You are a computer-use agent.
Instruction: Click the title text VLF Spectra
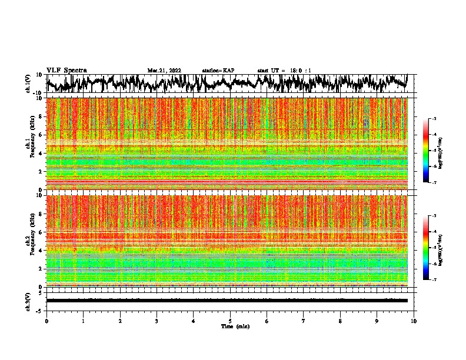click(x=66, y=70)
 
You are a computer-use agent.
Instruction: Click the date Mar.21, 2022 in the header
click(x=164, y=71)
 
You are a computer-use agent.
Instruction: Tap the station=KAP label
click(x=218, y=71)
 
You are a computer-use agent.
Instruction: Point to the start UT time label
click(x=284, y=71)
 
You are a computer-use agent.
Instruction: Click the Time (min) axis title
click(x=235, y=326)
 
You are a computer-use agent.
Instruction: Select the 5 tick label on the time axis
click(x=230, y=321)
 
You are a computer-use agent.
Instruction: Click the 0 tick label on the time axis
click(x=46, y=321)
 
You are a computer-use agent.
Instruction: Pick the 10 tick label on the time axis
click(x=414, y=321)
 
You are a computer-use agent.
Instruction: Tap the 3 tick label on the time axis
click(x=157, y=321)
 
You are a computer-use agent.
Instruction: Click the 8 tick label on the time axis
click(x=340, y=321)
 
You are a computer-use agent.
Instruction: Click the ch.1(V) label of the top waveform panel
click(x=28, y=84)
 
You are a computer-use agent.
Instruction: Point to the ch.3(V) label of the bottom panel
click(x=28, y=301)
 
